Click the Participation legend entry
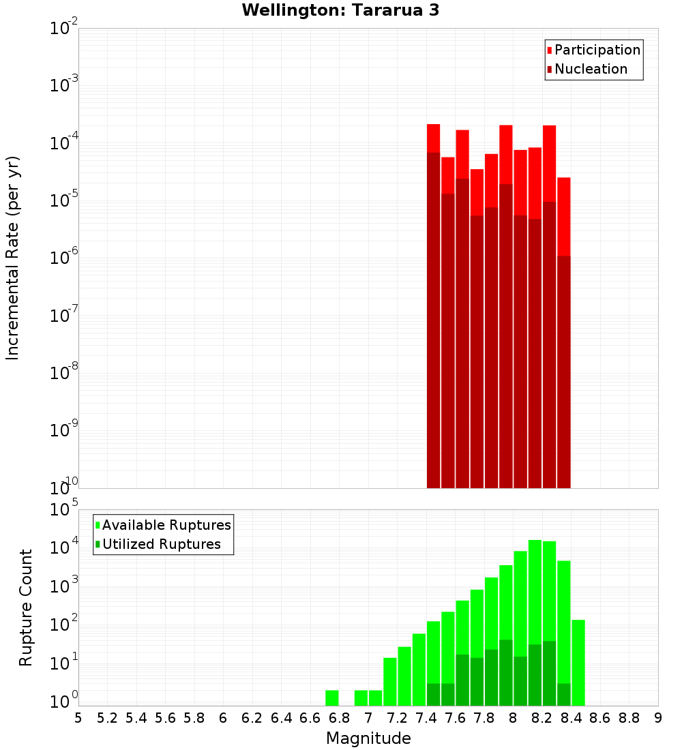[x=597, y=50]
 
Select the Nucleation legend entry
[x=590, y=69]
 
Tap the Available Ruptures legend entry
[x=166, y=525]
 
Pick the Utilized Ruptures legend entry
[x=161, y=544]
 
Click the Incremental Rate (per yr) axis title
[x=13, y=258]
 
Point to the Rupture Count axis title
[x=26, y=607]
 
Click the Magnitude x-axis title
[x=368, y=738]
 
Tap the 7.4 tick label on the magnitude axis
[x=426, y=718]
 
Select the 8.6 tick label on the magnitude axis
[x=600, y=718]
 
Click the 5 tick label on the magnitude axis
[x=78, y=718]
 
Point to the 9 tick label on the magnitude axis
[x=658, y=718]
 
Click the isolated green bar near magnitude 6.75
[x=332, y=698]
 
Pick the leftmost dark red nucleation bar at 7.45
[x=434, y=320]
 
